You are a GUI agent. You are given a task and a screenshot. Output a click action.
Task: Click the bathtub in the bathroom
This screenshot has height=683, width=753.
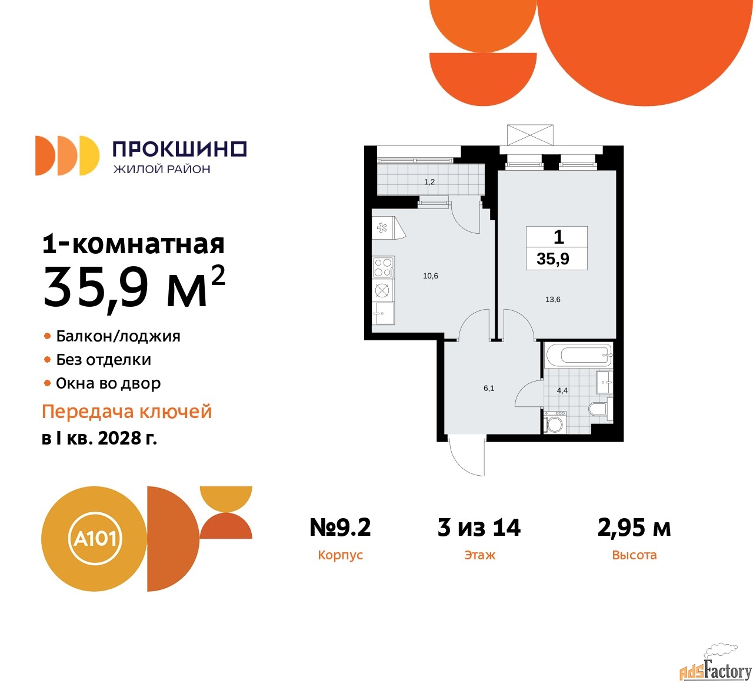pos(578,354)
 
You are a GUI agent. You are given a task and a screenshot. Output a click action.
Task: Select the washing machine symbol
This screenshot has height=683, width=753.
pos(554,423)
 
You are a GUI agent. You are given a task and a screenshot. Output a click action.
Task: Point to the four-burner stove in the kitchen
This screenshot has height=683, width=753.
pos(383,267)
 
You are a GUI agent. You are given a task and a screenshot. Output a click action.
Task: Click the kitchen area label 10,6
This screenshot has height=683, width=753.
pos(431,276)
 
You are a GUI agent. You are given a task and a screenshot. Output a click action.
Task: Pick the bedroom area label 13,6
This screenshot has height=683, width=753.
pos(553,299)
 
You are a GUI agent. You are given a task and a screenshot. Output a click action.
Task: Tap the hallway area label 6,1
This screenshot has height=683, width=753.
pos(489,388)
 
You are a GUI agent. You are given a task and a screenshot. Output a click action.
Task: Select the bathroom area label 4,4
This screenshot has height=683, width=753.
pos(562,390)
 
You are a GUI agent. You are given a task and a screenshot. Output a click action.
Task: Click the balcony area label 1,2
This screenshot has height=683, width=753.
pos(429,181)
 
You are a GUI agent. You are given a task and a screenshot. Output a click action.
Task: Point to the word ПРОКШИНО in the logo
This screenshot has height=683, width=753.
pos(179,149)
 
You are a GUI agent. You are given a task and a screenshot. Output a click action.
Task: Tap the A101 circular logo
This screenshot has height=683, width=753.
pos(94,538)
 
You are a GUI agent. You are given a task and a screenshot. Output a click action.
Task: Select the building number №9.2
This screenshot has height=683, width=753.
pos(340,528)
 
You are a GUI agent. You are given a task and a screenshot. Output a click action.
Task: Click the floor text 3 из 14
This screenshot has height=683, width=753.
pos(479,528)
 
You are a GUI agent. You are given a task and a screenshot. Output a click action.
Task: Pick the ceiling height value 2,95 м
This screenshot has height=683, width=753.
pos(634,528)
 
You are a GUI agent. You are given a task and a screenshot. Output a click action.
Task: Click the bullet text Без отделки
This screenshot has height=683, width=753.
pos(104,360)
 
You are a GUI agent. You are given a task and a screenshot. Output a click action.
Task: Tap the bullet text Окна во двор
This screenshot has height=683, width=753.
pos(108,383)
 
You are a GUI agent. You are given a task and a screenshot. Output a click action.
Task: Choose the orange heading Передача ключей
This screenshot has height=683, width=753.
pos(126,412)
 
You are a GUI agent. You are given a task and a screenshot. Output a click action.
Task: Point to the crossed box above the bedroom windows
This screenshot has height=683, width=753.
pos(530,135)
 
